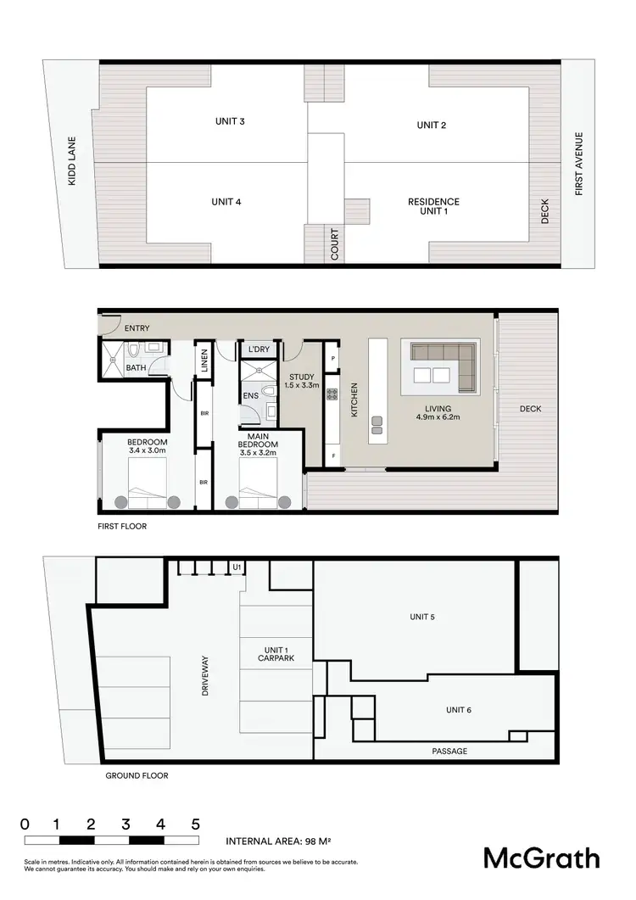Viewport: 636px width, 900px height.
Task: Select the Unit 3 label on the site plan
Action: [230, 121]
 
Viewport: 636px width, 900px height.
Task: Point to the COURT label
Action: [335, 244]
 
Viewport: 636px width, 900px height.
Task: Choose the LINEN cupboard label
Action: [204, 361]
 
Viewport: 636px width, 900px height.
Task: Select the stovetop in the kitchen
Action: [332, 394]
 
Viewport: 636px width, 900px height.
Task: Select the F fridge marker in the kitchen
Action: [333, 455]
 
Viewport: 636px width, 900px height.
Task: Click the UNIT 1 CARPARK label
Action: [276, 652]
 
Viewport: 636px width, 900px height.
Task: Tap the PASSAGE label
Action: [449, 751]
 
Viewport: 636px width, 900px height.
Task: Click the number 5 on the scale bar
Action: [195, 824]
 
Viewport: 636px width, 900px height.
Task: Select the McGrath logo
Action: [541, 858]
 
